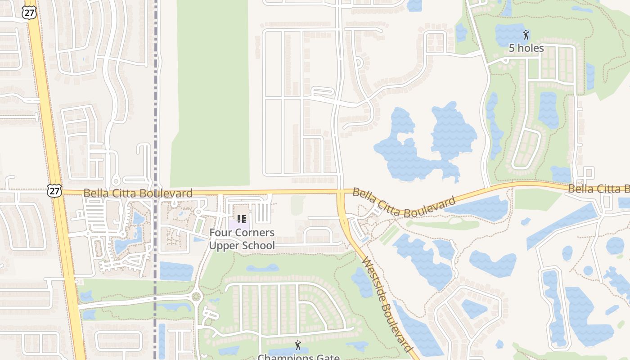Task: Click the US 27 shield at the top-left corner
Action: point(29,13)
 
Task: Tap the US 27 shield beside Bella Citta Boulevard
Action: point(54,190)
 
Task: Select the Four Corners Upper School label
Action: point(242,239)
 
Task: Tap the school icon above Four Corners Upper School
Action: point(242,219)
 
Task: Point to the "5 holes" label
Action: point(526,48)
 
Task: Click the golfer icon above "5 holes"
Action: point(526,35)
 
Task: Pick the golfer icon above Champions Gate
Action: point(297,346)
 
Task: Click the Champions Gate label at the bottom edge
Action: point(298,357)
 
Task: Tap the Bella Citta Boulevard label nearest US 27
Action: point(138,193)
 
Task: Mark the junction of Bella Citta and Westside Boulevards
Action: point(341,193)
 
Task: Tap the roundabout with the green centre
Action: point(196,297)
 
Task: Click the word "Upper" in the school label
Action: point(224,245)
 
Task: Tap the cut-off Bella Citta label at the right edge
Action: point(598,189)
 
